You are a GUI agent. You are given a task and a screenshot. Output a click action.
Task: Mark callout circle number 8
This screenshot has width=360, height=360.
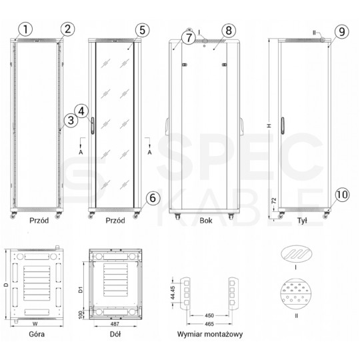click(227, 30)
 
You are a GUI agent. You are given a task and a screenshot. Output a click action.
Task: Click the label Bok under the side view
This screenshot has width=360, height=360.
click(205, 219)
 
